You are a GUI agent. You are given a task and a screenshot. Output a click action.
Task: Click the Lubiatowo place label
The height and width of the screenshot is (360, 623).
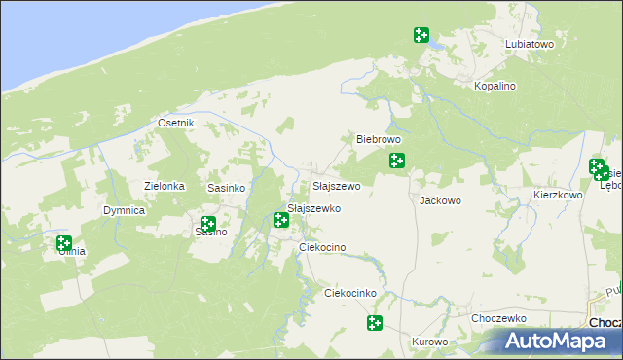click(x=530, y=45)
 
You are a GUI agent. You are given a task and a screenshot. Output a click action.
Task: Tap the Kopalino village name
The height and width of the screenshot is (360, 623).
click(x=495, y=87)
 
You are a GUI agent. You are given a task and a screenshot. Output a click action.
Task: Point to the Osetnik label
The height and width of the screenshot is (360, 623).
click(x=176, y=124)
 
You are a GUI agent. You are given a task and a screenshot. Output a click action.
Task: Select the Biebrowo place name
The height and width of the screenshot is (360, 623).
click(x=380, y=140)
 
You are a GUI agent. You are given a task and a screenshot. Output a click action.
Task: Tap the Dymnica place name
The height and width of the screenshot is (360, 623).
click(x=125, y=210)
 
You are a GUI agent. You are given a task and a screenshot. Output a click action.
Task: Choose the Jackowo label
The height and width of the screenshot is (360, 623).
click(x=439, y=201)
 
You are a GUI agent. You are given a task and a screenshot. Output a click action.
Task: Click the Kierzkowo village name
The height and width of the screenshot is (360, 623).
click(x=558, y=195)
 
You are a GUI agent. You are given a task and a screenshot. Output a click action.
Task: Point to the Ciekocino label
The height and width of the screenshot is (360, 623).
click(x=323, y=248)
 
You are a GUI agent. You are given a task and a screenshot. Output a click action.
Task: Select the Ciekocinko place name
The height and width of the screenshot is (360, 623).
click(x=349, y=293)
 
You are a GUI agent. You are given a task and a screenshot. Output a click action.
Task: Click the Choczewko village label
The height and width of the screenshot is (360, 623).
click(x=498, y=318)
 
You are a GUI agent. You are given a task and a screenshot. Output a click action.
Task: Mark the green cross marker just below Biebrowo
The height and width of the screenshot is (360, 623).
click(x=397, y=161)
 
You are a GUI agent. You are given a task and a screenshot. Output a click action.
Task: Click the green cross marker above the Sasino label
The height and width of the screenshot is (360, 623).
click(x=208, y=224)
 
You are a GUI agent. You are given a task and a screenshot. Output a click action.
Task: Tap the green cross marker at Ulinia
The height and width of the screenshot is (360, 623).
click(x=64, y=243)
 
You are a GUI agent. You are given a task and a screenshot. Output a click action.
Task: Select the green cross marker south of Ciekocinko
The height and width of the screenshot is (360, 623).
click(x=374, y=323)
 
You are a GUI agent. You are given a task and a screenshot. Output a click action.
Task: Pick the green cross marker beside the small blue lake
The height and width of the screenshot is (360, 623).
click(x=421, y=35)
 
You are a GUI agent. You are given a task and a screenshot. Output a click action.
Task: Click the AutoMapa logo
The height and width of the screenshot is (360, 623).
click(x=559, y=342)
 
